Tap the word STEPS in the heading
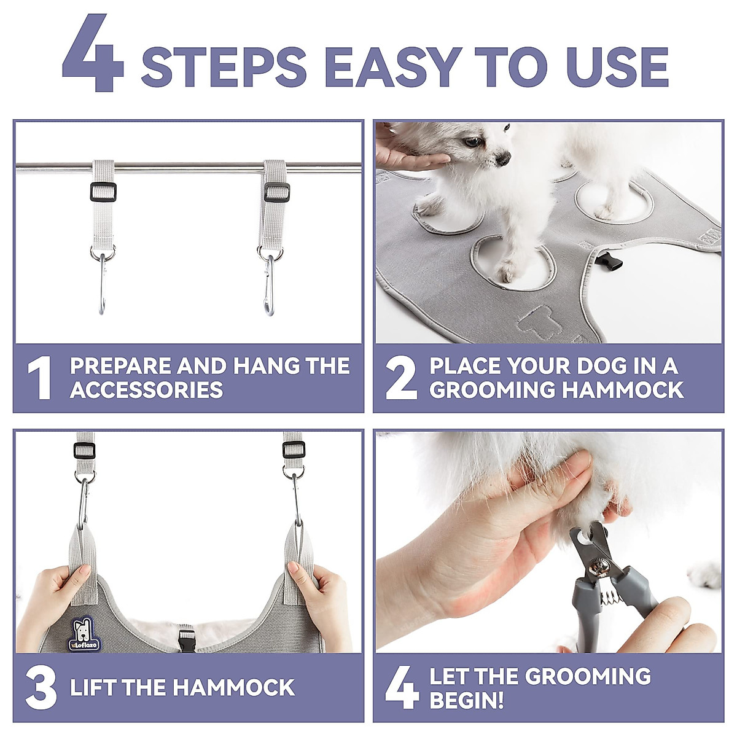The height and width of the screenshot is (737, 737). pos(224,67)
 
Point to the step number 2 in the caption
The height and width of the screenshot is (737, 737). pos(401,378)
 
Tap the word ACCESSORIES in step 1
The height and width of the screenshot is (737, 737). pos(147,390)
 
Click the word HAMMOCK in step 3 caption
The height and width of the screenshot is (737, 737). pos(233,688)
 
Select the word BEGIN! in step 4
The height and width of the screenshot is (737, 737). pos(467,701)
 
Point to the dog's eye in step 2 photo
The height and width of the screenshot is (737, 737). pos(472,142)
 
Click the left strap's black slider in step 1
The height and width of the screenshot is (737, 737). pos(103,192)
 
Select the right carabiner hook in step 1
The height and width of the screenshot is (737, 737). pos(269,284)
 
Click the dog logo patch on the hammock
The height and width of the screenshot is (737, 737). pos(85,633)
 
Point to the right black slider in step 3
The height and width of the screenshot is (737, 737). pos(294,450)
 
